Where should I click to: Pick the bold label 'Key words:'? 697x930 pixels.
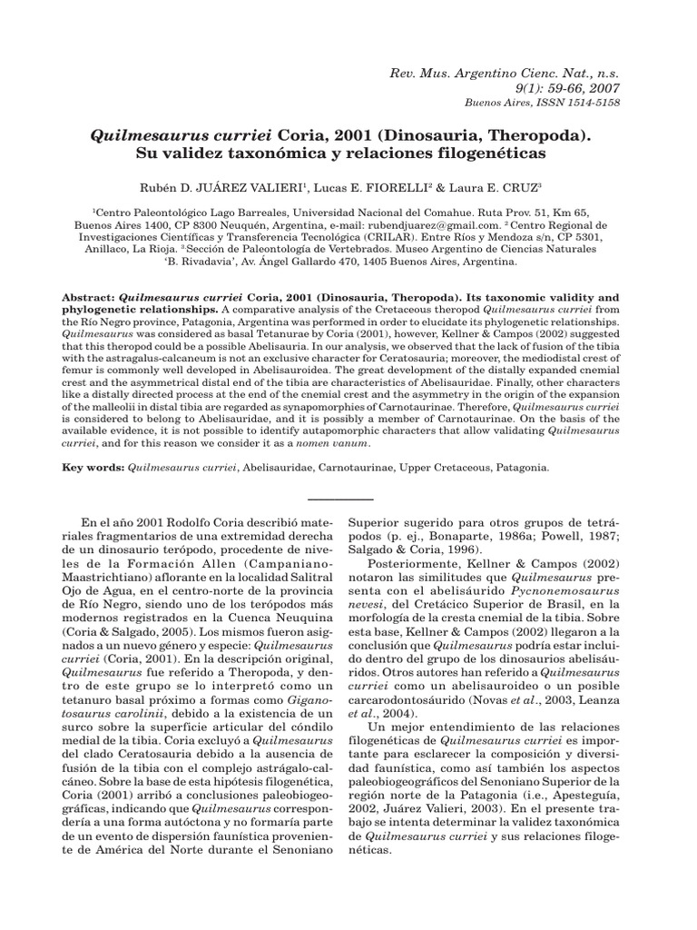click(x=93, y=468)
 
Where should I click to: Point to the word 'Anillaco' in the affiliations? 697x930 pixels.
click(x=101, y=248)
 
